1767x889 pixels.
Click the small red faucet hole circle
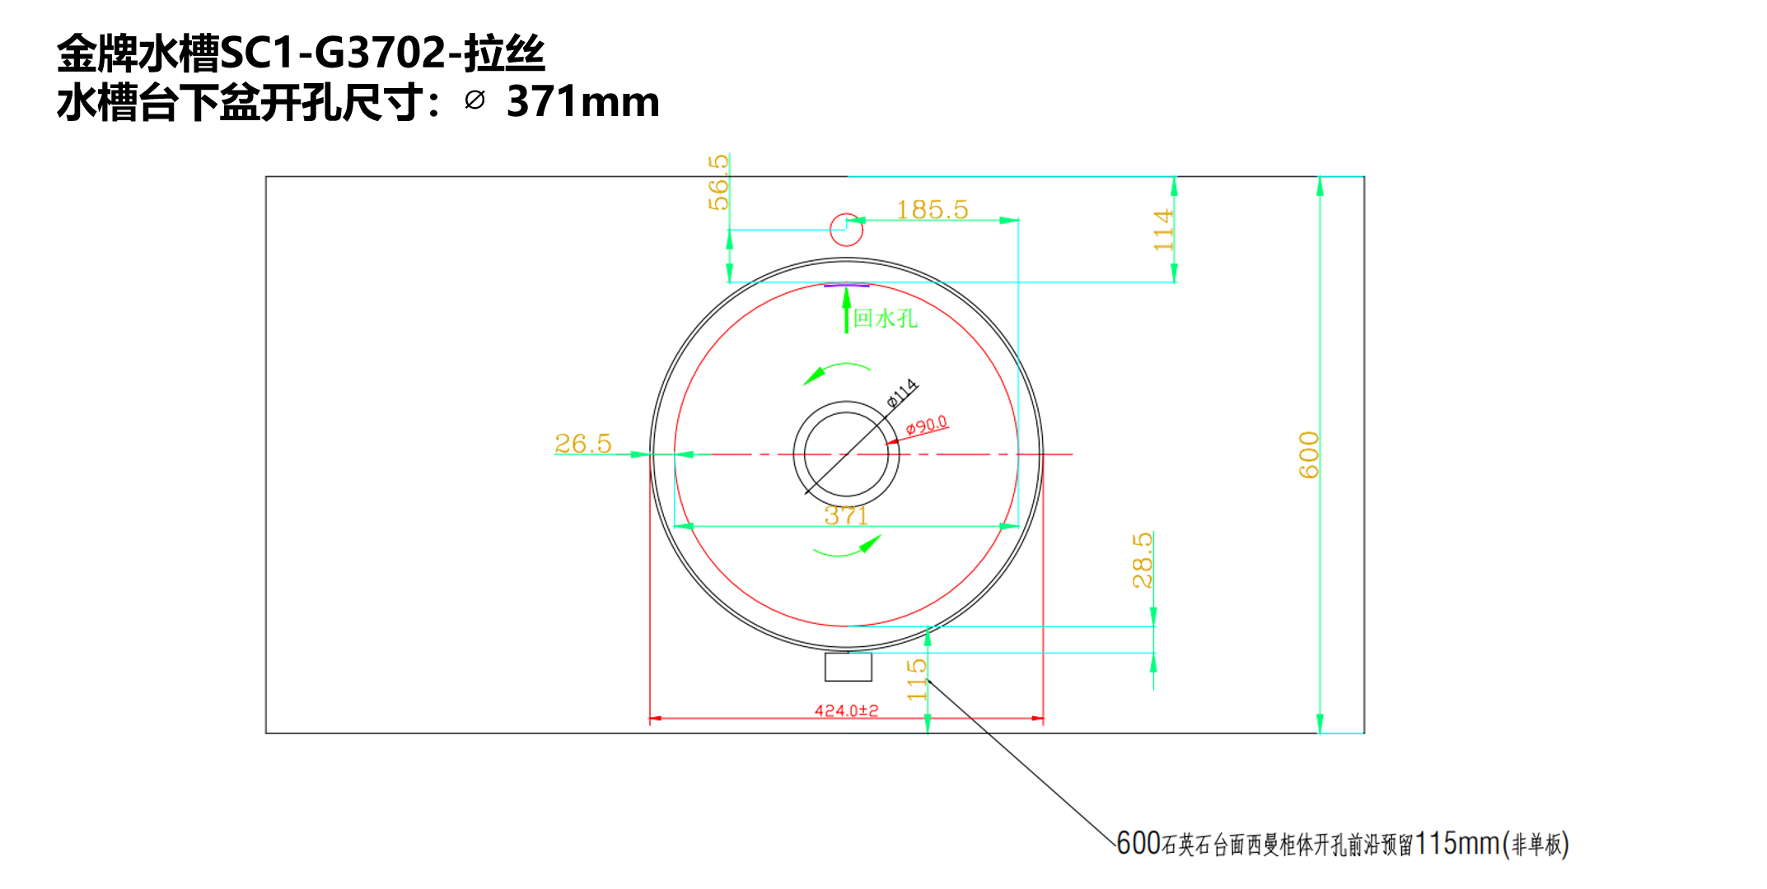coord(846,230)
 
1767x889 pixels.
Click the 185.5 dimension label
coord(932,210)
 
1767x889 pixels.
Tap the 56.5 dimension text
coord(718,182)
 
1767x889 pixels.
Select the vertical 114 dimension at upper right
coord(1162,230)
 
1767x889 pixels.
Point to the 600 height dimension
coord(1308,454)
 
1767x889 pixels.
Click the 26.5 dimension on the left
coord(583,444)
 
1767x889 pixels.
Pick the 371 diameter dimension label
coord(846,515)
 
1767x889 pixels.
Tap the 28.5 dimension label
coord(1142,561)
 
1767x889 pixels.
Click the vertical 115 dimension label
coord(917,679)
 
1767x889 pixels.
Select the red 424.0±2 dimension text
coord(846,710)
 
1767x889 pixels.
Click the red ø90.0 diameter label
coord(927,425)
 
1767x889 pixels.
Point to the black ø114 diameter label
coord(902,393)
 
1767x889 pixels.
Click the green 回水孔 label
coord(886,319)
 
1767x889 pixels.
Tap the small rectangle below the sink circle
coord(848,667)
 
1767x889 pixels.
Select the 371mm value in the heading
coord(583,102)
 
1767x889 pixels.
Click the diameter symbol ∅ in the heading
coord(474,100)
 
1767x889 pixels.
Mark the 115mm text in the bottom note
coord(1457,844)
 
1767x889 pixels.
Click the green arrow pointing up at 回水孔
coord(846,310)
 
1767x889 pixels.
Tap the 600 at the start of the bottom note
coord(1138,844)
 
